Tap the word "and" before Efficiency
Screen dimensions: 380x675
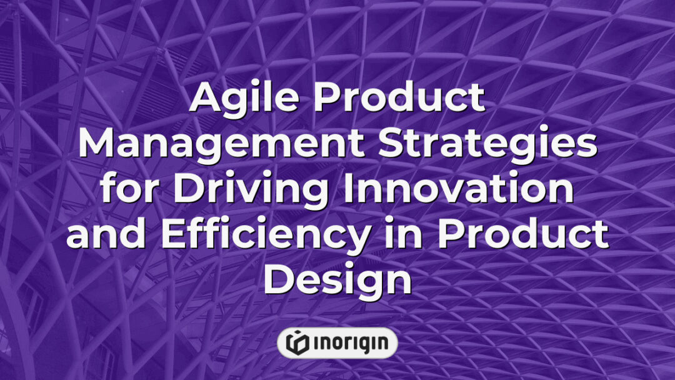click(100, 234)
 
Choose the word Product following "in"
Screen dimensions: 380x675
click(522, 234)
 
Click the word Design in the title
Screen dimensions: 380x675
click(337, 280)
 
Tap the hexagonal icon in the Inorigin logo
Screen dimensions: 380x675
click(296, 342)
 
